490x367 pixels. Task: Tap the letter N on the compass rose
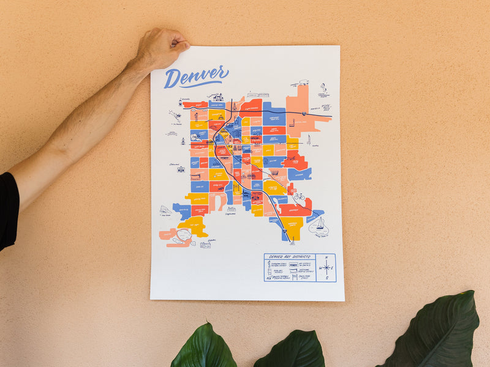point(327,258)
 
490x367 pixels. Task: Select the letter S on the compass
point(327,278)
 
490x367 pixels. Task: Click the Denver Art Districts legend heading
point(289,258)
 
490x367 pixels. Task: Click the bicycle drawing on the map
point(299,197)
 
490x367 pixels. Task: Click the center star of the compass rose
point(327,268)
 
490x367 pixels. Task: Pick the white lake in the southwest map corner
point(183,235)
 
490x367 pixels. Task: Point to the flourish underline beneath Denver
point(202,84)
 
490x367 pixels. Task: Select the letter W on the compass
point(320,268)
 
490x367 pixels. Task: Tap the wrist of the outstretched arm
point(131,67)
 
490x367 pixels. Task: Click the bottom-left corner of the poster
point(151,298)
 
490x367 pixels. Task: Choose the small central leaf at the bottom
point(289,350)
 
